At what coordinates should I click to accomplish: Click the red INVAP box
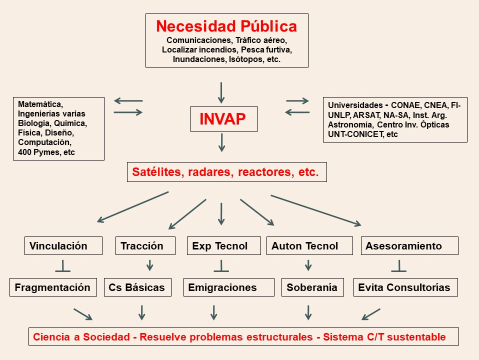pyautogui.click(x=223, y=119)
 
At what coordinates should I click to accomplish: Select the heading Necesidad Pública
pyautogui.click(x=226, y=26)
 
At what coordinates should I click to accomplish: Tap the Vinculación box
pyautogui.click(x=63, y=245)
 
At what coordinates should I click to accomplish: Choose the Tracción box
pyautogui.click(x=145, y=245)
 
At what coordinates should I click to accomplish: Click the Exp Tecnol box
pyautogui.click(x=224, y=245)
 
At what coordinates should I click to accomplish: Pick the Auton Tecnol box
pyautogui.click(x=309, y=245)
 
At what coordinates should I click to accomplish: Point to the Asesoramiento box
pyautogui.click(x=409, y=245)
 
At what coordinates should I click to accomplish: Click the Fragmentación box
pyautogui.click(x=53, y=287)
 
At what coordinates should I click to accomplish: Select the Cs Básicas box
pyautogui.click(x=137, y=287)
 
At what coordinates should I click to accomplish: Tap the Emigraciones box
pyautogui.click(x=229, y=287)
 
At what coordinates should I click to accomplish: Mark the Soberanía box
pyautogui.click(x=312, y=287)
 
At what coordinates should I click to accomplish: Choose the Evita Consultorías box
pyautogui.click(x=405, y=287)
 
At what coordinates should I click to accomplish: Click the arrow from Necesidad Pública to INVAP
pyautogui.click(x=221, y=92)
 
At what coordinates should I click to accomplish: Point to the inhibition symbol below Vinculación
pyautogui.click(x=62, y=266)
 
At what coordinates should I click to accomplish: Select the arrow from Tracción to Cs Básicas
pyautogui.click(x=149, y=265)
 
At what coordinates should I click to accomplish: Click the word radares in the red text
pyautogui.click(x=210, y=172)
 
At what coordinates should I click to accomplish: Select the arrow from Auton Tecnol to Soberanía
pyautogui.click(x=308, y=265)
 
